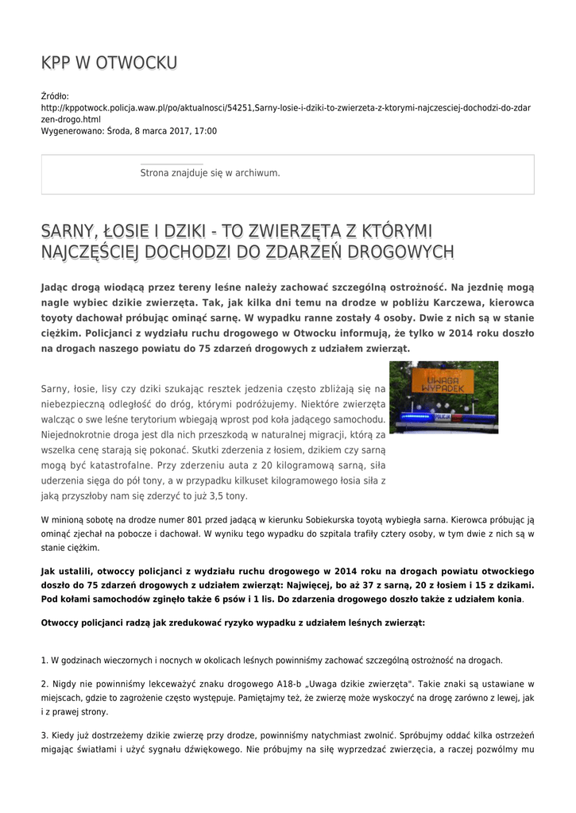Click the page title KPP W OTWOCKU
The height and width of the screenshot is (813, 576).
[109, 63]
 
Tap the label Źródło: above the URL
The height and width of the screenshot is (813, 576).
[55, 96]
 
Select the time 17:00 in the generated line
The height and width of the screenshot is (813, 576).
[205, 131]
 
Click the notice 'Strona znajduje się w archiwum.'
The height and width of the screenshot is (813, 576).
[210, 172]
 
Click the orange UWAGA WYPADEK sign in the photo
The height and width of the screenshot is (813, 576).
[444, 385]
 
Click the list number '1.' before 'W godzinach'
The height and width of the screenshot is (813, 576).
[44, 660]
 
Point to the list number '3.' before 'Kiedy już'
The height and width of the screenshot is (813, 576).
[44, 735]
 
